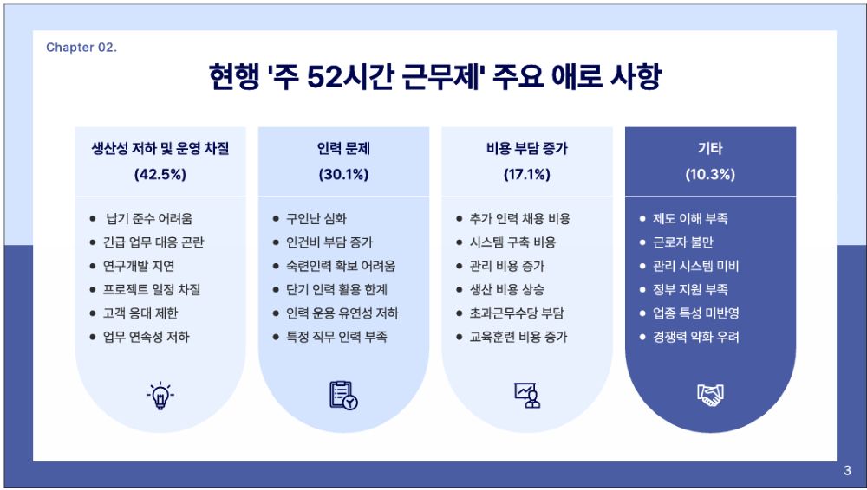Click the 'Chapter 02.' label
click(x=81, y=48)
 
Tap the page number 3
click(x=847, y=471)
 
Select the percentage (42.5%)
click(x=160, y=175)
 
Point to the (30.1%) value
click(x=343, y=175)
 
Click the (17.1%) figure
click(x=527, y=175)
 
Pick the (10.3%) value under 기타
click(x=710, y=175)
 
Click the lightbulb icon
click(x=160, y=396)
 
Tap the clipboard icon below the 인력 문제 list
click(x=343, y=396)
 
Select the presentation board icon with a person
click(x=527, y=396)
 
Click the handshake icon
click(x=710, y=395)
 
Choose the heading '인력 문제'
click(x=343, y=148)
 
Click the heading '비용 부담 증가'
click(x=527, y=148)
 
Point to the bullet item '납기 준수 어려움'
click(x=149, y=219)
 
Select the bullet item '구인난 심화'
click(x=316, y=219)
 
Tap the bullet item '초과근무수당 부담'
click(x=517, y=313)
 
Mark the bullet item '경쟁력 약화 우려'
click(x=695, y=337)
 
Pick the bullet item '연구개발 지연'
click(x=139, y=267)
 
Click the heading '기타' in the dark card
click(x=710, y=148)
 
